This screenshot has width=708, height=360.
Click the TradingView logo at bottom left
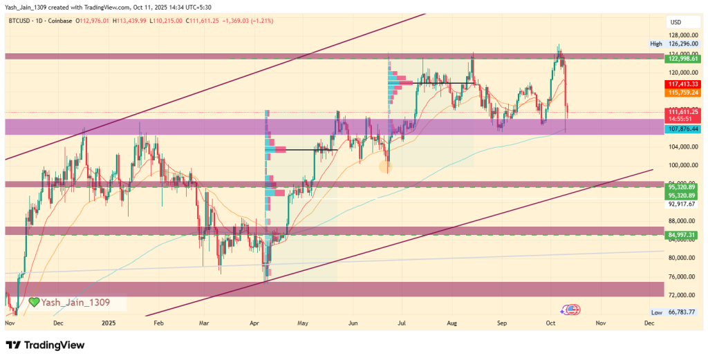(x=45, y=345)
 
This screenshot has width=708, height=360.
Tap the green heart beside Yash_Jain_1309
(x=34, y=302)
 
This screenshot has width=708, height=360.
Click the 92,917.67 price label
(x=682, y=204)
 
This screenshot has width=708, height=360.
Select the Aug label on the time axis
(x=453, y=323)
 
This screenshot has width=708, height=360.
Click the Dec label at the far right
(x=649, y=323)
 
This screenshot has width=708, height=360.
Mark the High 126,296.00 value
(x=682, y=44)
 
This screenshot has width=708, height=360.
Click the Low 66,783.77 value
(x=682, y=312)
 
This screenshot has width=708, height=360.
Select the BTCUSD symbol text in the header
(x=20, y=21)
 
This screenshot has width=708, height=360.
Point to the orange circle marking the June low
(x=386, y=167)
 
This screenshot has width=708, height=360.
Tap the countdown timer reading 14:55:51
(x=682, y=119)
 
